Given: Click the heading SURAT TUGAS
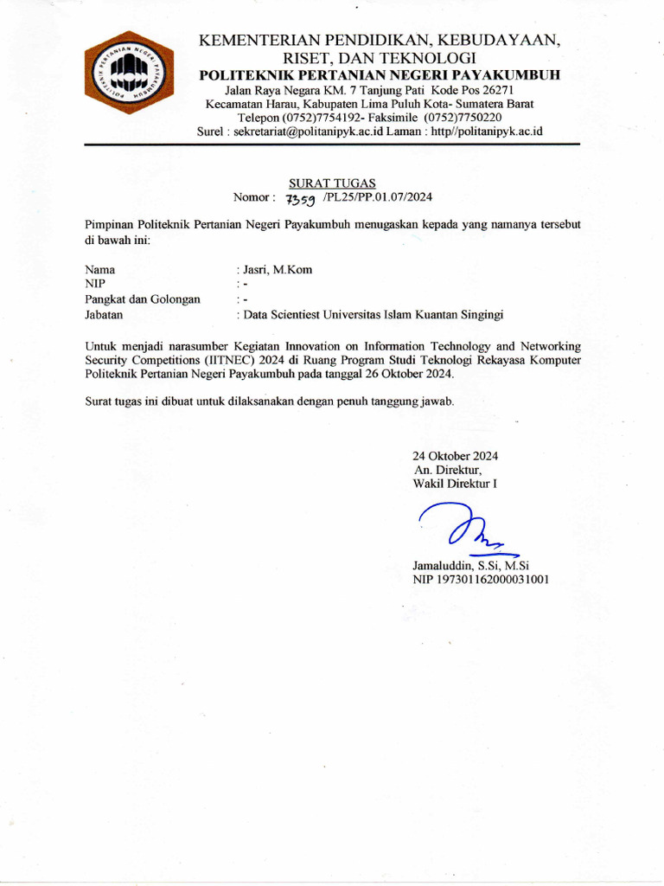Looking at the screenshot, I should click(x=332, y=183).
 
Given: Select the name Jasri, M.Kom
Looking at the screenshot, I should click(x=278, y=270).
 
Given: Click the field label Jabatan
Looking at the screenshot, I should click(x=105, y=315).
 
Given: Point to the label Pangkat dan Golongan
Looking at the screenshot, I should click(x=143, y=299).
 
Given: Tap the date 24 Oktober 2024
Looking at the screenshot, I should click(x=456, y=456).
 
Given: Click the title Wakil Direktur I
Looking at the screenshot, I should click(x=456, y=485).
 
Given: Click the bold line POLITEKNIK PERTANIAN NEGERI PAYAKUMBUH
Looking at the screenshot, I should click(x=380, y=75).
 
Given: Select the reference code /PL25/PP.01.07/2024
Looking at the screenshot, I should click(x=377, y=197).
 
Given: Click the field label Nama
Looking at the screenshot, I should click(x=100, y=270).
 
